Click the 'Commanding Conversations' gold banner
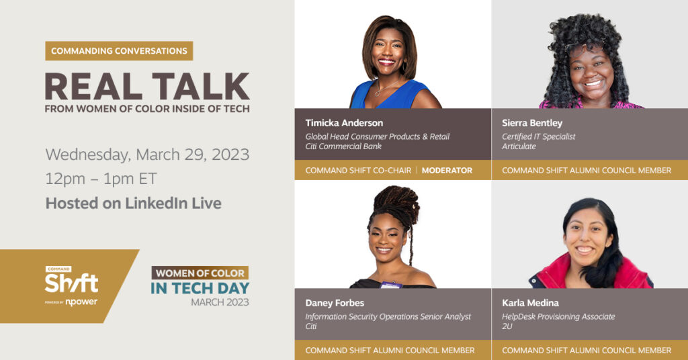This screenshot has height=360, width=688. pyautogui.click(x=119, y=51)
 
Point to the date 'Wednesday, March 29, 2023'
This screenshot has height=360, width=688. pyautogui.click(x=147, y=154)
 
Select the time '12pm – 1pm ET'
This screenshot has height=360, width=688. pyautogui.click(x=101, y=179)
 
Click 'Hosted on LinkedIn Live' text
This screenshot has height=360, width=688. pyautogui.click(x=134, y=203)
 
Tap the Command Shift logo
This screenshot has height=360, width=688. pyautogui.click(x=71, y=286)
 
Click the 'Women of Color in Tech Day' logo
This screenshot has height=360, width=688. pyautogui.click(x=200, y=286)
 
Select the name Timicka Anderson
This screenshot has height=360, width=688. pyautogui.click(x=344, y=123)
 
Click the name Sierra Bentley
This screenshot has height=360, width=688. pyautogui.click(x=532, y=123)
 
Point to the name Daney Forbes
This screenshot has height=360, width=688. pyautogui.click(x=335, y=302)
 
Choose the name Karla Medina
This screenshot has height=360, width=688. pyautogui.click(x=530, y=302)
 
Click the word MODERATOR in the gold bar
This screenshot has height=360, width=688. pyautogui.click(x=447, y=170)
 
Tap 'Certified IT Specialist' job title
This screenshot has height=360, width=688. pyautogui.click(x=538, y=136)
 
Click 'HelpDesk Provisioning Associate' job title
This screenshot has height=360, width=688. pyautogui.click(x=558, y=316)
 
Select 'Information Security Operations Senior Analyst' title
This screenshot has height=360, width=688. pyautogui.click(x=388, y=316)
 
